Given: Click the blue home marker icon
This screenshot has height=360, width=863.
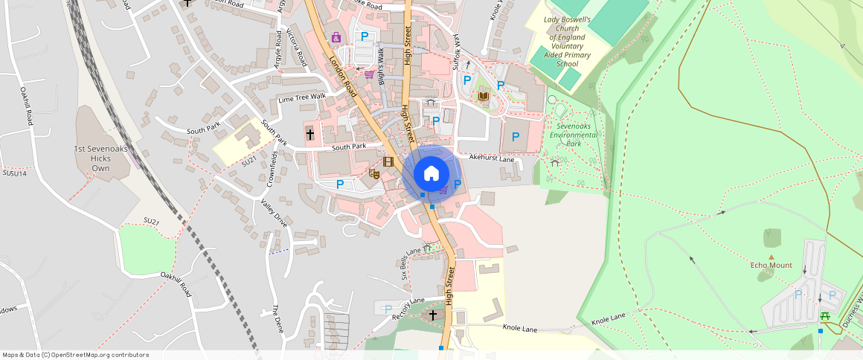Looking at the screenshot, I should click(431, 173).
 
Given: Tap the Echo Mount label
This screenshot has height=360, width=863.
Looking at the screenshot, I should click(771, 266).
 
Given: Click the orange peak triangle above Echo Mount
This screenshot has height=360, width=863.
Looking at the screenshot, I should click(771, 257).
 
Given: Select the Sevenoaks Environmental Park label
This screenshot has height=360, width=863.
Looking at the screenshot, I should click(574, 135).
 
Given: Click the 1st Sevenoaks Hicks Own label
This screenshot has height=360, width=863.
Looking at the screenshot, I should click(100, 158).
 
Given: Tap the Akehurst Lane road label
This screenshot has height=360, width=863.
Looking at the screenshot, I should click(492, 158).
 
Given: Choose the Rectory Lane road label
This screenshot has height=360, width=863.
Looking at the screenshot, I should click(408, 307).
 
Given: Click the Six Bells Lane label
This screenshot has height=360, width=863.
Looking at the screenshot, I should click(411, 260).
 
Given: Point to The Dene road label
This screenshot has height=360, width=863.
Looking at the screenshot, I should click(277, 319).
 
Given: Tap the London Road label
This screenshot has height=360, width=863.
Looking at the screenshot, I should click(343, 77).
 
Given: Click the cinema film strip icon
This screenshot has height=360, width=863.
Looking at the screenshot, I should click(388, 161).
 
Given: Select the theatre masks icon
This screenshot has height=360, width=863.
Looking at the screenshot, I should click(375, 173).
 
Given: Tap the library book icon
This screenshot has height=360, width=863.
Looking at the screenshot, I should click(484, 97).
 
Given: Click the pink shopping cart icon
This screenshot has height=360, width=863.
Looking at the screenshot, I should click(369, 74).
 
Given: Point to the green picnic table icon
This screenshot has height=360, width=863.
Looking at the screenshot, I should click(825, 317).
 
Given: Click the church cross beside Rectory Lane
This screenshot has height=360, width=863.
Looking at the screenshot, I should click(433, 315).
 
